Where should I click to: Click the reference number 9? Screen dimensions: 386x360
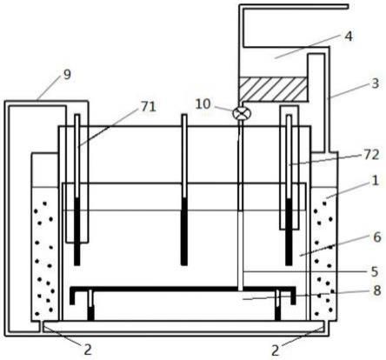67,75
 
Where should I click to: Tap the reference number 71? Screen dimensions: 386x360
149,106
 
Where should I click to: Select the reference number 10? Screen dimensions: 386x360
203,104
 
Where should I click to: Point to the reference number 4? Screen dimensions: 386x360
349,37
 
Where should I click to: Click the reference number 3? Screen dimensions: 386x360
376,83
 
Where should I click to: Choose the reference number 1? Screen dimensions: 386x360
376,181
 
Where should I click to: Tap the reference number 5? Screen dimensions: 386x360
375,272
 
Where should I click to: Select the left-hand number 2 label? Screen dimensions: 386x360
88,350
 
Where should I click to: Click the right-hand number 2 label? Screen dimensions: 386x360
275,350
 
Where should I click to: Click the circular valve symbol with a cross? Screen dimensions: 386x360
240,113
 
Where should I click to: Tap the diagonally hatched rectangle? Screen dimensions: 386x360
272,89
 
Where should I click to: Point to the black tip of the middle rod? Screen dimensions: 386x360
184,231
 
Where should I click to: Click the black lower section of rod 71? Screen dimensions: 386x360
77,231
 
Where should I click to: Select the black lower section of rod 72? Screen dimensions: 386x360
289,232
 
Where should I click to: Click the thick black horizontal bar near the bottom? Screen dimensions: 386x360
183,289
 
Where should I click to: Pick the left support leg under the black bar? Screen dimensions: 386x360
90,305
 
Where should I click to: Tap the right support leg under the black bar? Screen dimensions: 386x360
277,305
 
